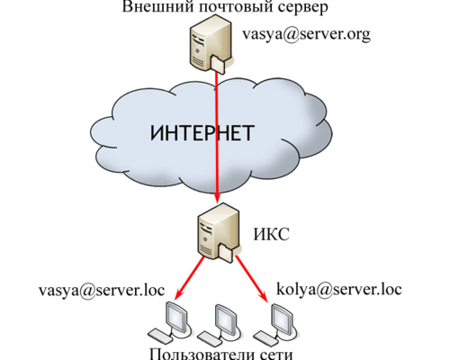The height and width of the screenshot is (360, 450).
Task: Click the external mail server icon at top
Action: pos(211,44)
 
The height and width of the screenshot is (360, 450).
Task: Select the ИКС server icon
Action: pos(220,233)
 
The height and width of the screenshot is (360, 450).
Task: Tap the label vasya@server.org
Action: pos(306,35)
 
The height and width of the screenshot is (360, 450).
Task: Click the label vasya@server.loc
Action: pos(102,291)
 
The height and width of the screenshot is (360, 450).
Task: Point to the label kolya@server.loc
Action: pos(339,289)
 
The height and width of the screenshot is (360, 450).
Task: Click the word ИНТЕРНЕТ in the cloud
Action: pos(202,133)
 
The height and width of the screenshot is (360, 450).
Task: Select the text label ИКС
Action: pos(272,234)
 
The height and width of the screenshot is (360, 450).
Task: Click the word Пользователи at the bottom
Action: pos(202,355)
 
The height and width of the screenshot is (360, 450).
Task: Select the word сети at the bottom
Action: pos(276,355)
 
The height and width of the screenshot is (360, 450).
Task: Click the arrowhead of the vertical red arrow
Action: pos(217,199)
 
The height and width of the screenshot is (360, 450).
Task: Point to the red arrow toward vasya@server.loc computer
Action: pos(189,278)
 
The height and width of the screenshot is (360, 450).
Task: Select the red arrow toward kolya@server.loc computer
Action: pos(252,278)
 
